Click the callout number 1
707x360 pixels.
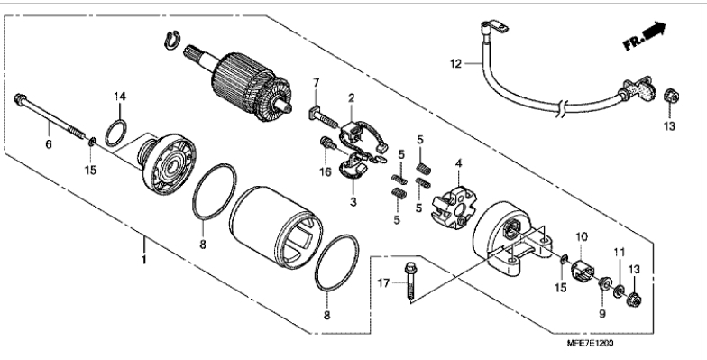tap(144, 260)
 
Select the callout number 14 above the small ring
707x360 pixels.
tap(119, 96)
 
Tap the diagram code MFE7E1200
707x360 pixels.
tap(590, 343)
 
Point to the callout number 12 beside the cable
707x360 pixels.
tap(456, 64)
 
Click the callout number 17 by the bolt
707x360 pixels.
tap(383, 283)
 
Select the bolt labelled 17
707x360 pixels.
tap(410, 281)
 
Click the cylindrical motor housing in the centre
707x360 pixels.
tap(276, 227)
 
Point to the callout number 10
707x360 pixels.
tap(582, 236)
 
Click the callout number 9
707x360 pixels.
tap(602, 314)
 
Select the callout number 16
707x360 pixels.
tap(326, 171)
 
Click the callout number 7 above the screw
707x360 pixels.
tap(316, 83)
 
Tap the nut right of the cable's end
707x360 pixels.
tap(671, 96)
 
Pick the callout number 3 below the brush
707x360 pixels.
tap(353, 202)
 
